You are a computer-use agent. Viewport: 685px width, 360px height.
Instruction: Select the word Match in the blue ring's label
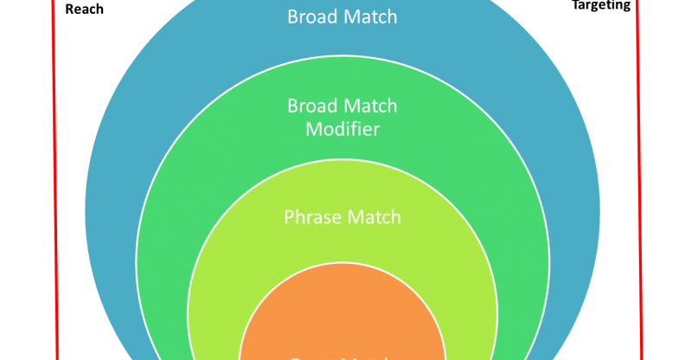coord(369,16)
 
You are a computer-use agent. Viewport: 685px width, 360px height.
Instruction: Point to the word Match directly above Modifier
coord(369,106)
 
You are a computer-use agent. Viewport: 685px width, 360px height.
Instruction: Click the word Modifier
coord(342,130)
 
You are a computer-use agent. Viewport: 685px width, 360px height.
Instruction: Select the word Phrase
coord(312,216)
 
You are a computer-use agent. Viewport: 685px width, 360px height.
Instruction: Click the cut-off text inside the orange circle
coord(342,356)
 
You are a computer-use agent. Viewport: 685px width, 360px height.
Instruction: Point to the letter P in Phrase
coord(289,216)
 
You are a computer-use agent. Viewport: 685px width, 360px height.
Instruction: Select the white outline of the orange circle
coord(342,263)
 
